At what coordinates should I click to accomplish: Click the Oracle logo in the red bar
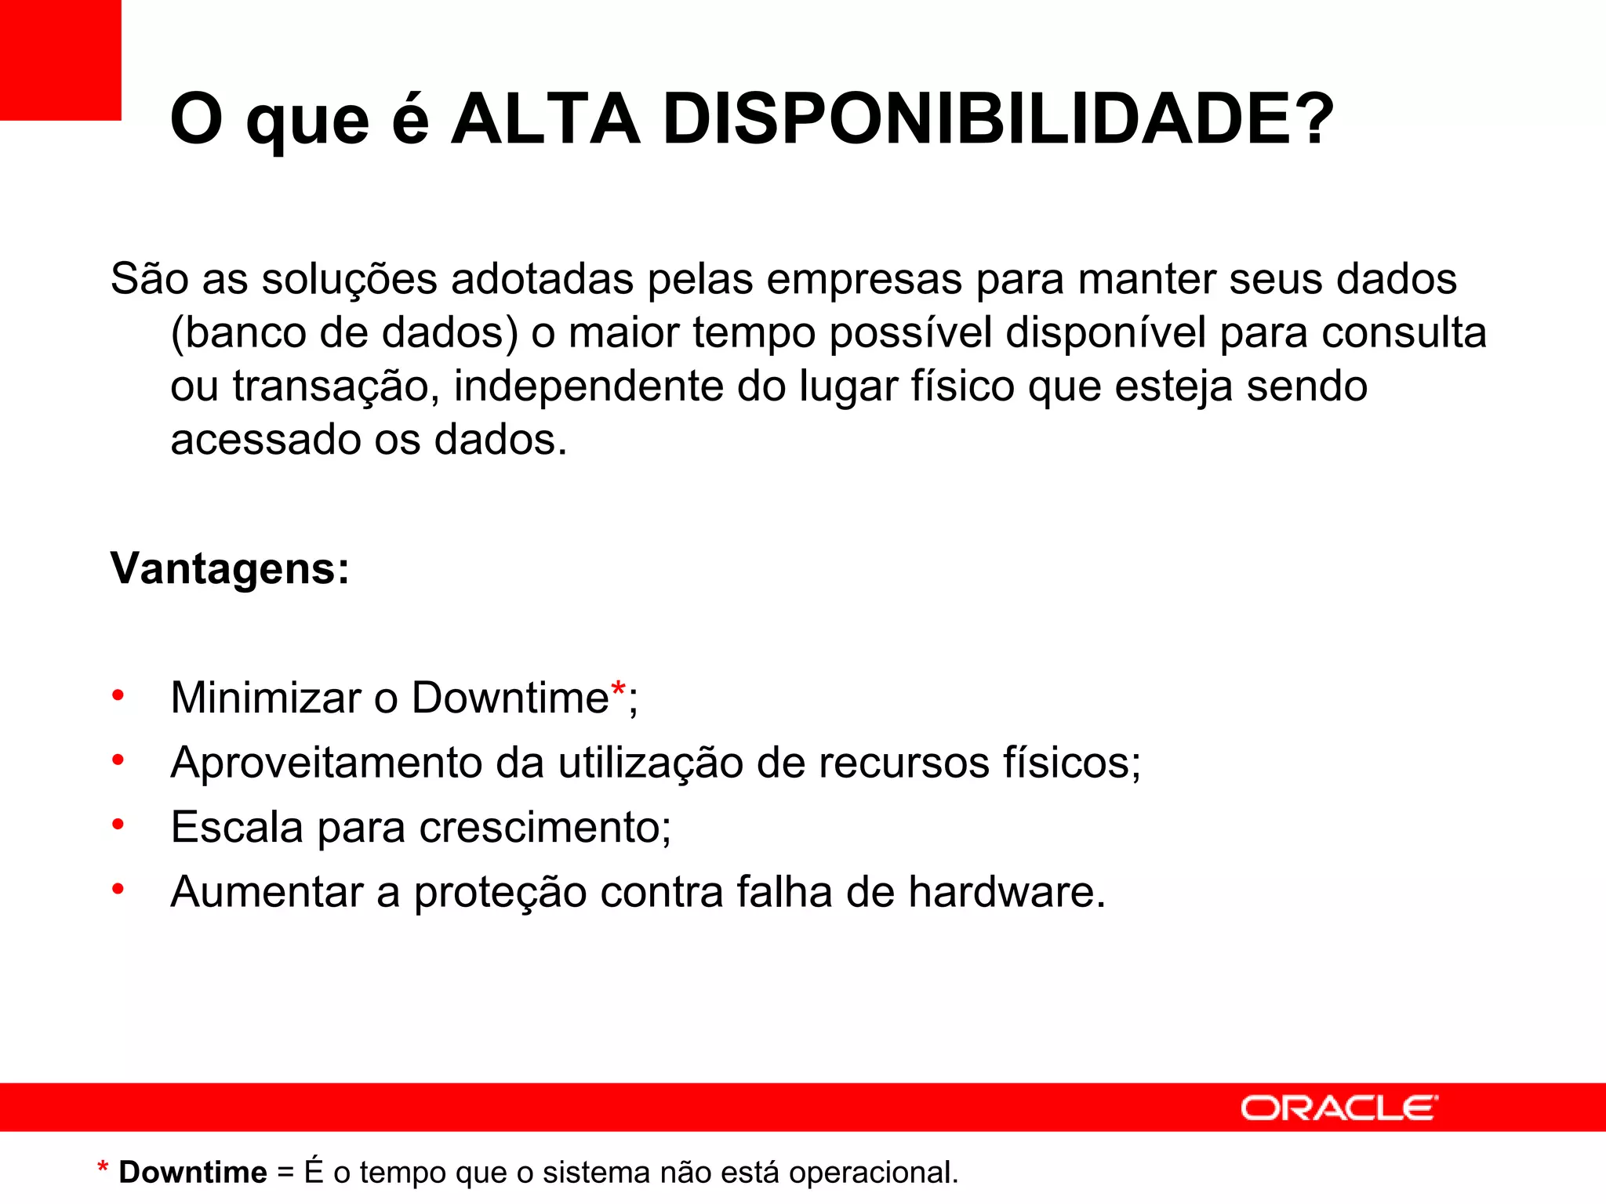point(1339,1108)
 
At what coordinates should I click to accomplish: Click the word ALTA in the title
point(545,120)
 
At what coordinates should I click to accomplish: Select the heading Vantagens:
point(230,568)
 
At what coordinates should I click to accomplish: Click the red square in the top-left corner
point(60,60)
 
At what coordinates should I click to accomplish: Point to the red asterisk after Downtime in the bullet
point(618,690)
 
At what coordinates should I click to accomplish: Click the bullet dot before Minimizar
point(118,695)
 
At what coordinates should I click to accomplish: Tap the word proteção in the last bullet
point(500,893)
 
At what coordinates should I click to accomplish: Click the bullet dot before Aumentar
point(118,889)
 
